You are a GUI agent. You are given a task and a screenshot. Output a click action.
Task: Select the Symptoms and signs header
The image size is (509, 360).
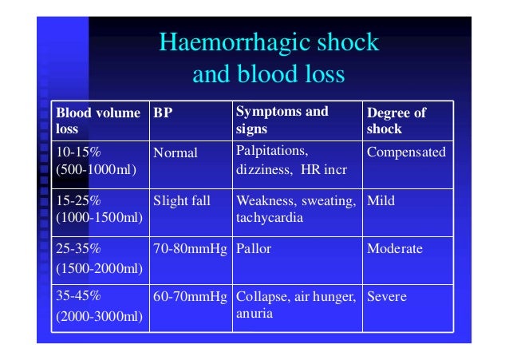coord(282,120)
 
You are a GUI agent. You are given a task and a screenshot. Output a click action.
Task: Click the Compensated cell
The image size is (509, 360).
coord(406,152)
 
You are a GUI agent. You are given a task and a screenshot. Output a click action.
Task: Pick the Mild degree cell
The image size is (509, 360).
coord(381,201)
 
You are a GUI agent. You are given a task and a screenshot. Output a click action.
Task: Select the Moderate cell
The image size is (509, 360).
coord(394,249)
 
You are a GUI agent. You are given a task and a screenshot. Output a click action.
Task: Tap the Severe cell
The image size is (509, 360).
coord(387,297)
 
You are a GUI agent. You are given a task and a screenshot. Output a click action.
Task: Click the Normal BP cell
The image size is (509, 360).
coord(175,152)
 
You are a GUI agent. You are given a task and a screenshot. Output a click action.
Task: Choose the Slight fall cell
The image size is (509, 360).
coord(182,201)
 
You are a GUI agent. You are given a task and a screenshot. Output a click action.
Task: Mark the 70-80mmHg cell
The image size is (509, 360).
coord(190,249)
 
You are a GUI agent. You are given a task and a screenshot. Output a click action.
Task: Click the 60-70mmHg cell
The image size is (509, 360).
coord(190,297)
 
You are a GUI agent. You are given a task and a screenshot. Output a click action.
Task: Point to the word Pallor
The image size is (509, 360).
coord(253,249)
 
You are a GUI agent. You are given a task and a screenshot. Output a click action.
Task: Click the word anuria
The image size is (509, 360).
coord(254,314)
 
